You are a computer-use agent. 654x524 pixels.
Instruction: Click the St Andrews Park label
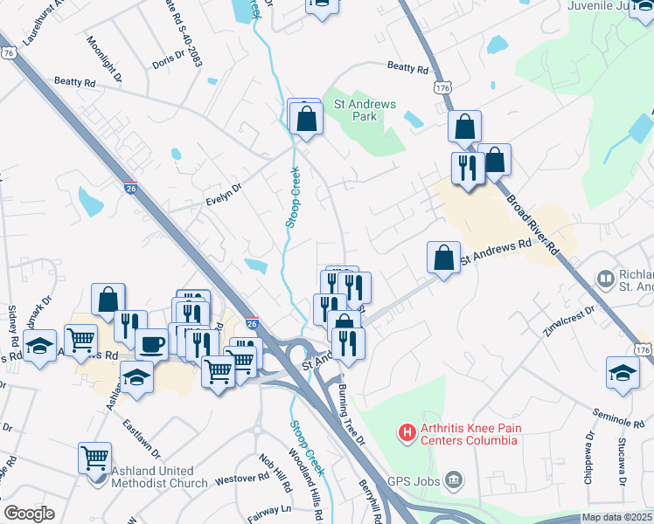[x=365, y=111]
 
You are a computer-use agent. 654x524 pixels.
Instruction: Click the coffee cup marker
[x=151, y=344]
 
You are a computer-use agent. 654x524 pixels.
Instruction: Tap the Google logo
[x=29, y=514]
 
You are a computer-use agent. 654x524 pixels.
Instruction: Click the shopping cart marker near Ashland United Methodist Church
[x=94, y=457]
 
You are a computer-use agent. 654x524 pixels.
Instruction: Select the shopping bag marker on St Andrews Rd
[x=443, y=258]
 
